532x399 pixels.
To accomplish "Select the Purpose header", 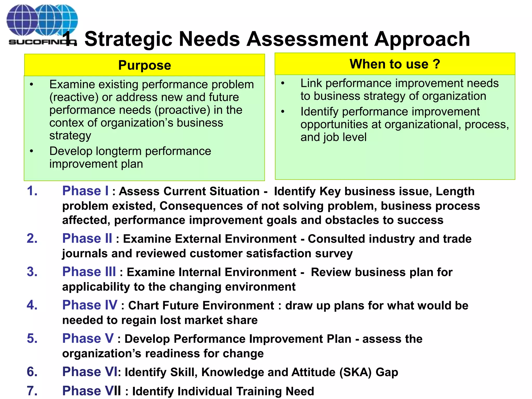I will tap(144, 65).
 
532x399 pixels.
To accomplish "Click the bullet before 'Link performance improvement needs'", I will tap(283, 83).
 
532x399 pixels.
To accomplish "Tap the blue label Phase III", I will tap(89, 272).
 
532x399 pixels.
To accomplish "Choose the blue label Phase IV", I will tap(90, 305).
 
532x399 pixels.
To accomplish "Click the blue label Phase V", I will tap(88, 338).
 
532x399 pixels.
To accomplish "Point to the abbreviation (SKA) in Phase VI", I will tap(356, 372).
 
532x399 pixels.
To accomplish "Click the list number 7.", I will tap(32, 391).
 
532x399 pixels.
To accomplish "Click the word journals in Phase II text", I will tap(85, 254).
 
